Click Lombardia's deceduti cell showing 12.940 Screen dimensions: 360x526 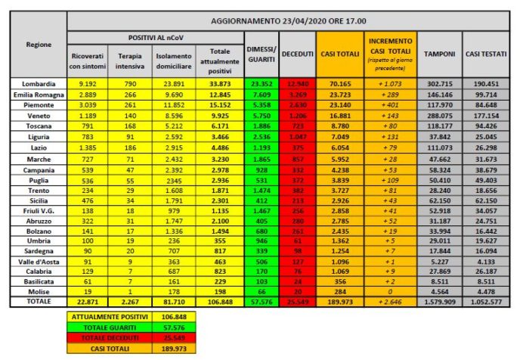pos(298,82)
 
